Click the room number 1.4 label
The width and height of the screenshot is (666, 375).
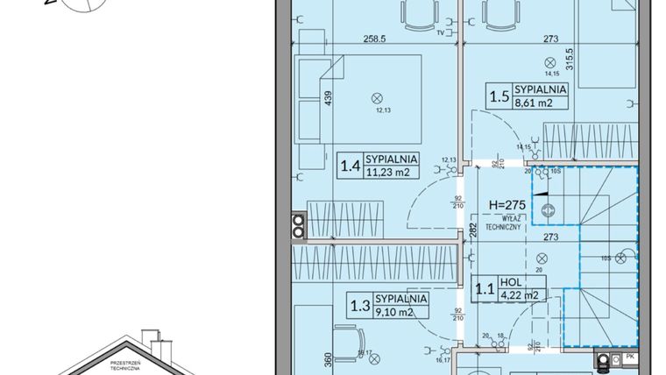(x=350, y=165)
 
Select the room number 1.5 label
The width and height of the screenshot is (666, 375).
(x=501, y=94)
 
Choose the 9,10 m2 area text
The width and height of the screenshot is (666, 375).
(x=399, y=311)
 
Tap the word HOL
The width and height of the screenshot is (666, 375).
(x=511, y=282)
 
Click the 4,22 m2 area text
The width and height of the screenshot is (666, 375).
(x=517, y=294)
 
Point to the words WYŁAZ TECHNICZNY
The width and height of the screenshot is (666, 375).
(x=505, y=222)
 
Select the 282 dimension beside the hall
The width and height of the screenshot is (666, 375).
(x=472, y=231)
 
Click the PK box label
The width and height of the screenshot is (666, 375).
(x=628, y=358)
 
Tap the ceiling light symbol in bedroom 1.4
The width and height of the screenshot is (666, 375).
(x=378, y=97)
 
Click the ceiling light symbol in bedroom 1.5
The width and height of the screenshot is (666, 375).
(x=549, y=62)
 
